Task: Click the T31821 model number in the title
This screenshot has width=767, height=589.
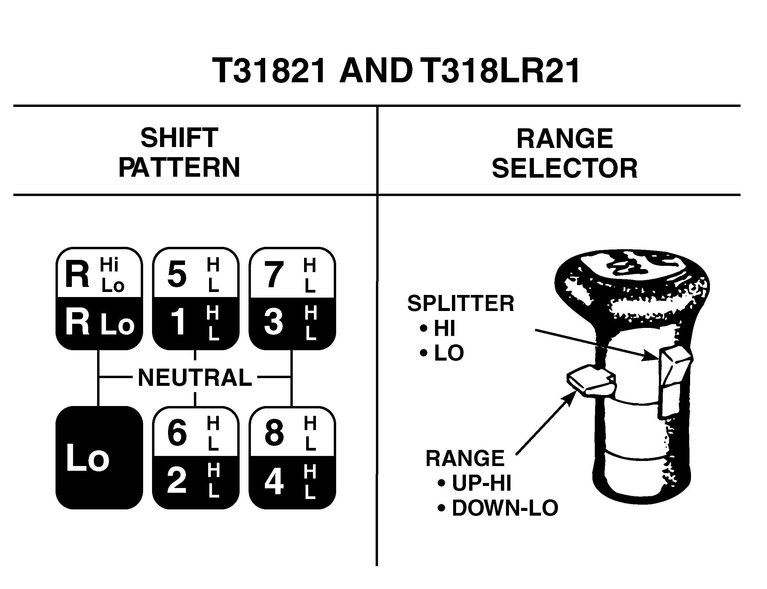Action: pos(270,71)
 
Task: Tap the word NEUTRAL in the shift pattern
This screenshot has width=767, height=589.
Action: pos(195,377)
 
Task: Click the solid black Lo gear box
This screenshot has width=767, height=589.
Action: pos(99,457)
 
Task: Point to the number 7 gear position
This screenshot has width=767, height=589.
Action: pos(274,275)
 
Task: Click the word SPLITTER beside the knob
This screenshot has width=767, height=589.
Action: pos(461,303)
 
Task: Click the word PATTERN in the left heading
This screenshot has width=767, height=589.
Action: pos(179,168)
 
